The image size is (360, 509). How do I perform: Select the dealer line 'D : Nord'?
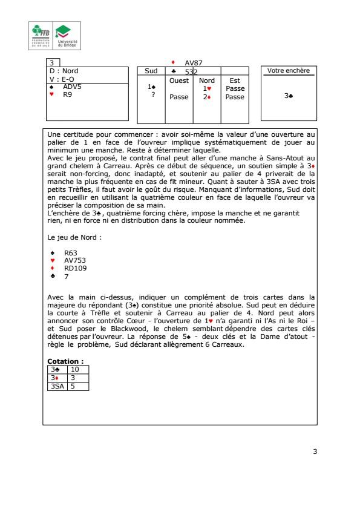click(64, 71)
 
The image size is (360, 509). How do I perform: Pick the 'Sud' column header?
click(151, 71)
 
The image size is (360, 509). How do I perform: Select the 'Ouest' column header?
click(178, 80)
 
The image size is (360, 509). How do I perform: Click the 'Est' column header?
click(235, 80)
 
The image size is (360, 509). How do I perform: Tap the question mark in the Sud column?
click(152, 94)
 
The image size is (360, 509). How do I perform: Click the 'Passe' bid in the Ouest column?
click(178, 96)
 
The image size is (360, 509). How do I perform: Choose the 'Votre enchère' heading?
click(289, 71)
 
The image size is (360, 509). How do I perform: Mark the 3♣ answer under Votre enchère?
click(289, 95)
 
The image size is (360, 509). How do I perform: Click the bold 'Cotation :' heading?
click(65, 361)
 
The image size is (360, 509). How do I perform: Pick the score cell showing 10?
click(76, 368)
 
